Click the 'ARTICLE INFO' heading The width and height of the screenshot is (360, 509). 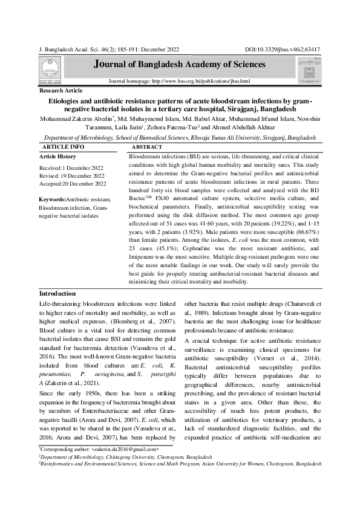64,147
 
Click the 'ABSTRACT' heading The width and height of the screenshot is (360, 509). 147,147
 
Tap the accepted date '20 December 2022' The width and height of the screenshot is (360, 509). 82,184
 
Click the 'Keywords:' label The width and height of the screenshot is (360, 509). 51,199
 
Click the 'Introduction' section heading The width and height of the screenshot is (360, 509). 57,293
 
